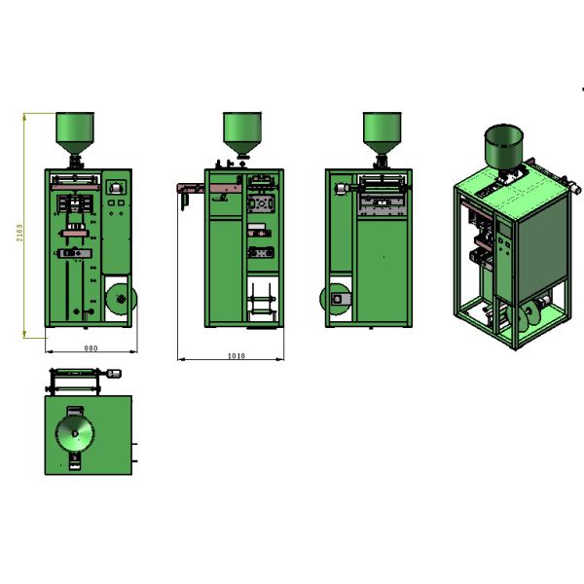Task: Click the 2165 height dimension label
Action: (19, 233)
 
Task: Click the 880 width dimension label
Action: (91, 348)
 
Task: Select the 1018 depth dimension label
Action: (237, 355)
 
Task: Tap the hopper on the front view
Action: (75, 132)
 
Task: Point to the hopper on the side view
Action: (242, 133)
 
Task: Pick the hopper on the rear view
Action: (383, 132)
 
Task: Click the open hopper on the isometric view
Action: (503, 148)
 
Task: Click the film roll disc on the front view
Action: (122, 299)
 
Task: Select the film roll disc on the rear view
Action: (335, 299)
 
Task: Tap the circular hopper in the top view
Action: (75, 433)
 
